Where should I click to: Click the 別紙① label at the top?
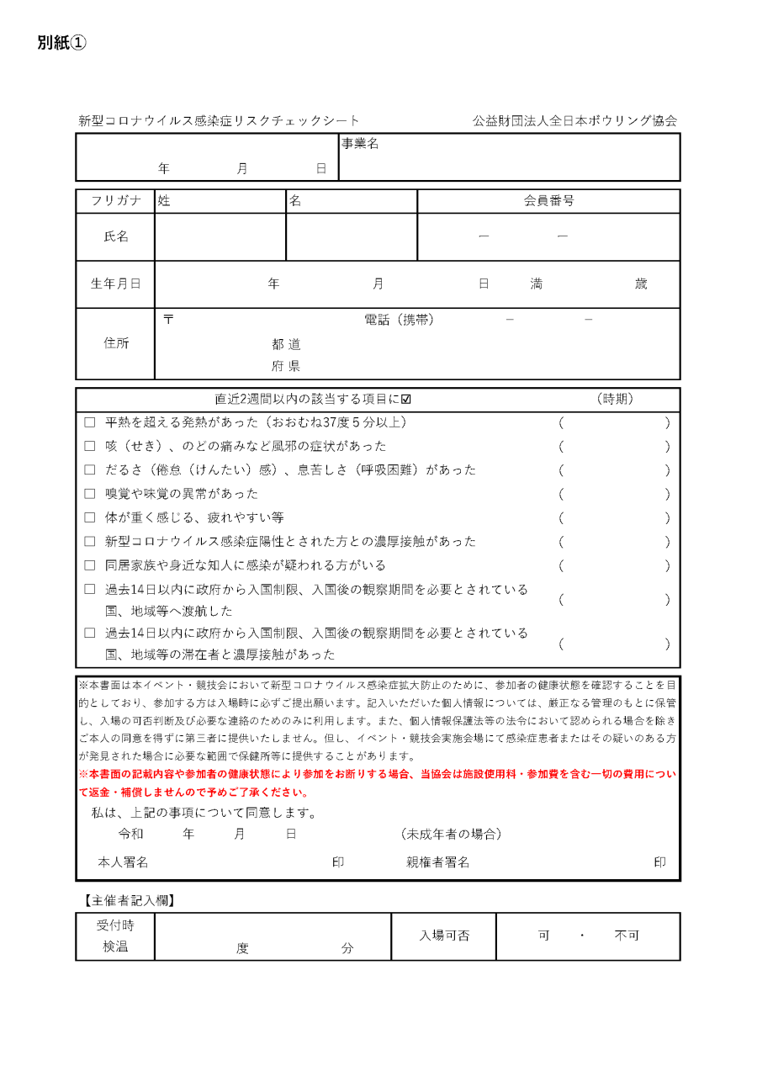[61, 43]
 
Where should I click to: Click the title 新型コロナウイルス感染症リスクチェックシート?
[219, 121]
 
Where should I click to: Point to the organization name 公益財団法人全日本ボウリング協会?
[574, 121]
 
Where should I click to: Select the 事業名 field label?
[360, 144]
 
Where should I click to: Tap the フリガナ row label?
[116, 201]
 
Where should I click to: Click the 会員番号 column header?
[548, 201]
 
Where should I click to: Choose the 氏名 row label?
[116, 236]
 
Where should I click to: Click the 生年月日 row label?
[116, 284]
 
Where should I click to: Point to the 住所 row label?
[116, 343]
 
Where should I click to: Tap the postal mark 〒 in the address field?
[168, 320]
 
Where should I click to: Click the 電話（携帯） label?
[399, 320]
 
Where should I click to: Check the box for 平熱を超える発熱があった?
[90, 422]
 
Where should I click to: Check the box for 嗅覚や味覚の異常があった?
[90, 494]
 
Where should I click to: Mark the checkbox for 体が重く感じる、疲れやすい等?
[90, 517]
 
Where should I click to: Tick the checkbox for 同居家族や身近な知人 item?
[90, 565]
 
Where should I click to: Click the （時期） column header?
[614, 399]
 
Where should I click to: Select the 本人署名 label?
[123, 862]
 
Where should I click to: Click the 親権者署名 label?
[437, 862]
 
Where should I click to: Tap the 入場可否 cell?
[444, 936]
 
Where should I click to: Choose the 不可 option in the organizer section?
[627, 936]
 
